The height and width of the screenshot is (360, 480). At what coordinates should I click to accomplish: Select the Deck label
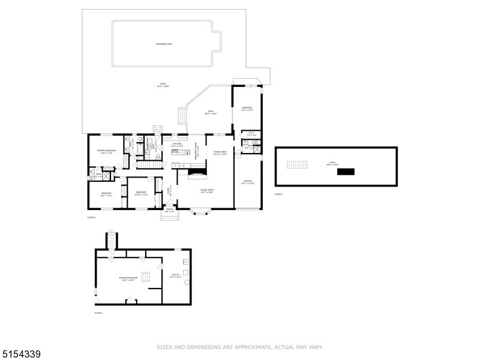(x=211, y=112)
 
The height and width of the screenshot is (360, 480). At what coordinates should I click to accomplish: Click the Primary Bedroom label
(x=106, y=152)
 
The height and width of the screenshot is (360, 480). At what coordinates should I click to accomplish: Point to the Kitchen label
(x=177, y=145)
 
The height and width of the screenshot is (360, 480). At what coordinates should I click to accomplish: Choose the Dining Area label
(x=220, y=153)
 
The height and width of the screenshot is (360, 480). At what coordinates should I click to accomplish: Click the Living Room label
(x=206, y=191)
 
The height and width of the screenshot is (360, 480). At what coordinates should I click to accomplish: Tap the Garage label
(x=247, y=183)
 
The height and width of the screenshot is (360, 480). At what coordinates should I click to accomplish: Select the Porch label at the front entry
(x=170, y=211)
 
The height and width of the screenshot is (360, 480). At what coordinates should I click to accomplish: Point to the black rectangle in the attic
(x=346, y=172)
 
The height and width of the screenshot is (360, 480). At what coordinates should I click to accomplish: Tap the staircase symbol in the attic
(x=297, y=165)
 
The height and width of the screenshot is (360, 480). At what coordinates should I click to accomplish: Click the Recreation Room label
(x=128, y=279)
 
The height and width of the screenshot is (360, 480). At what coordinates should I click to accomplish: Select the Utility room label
(x=175, y=276)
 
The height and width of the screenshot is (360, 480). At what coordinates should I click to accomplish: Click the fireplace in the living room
(x=196, y=173)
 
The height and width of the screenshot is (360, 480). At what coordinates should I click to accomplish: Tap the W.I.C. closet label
(x=251, y=134)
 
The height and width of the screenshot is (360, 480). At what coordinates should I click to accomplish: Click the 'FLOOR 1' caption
(x=99, y=313)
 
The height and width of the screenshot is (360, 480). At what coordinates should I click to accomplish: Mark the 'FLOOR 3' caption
(x=278, y=194)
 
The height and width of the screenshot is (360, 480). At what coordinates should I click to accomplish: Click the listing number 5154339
(x=21, y=355)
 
